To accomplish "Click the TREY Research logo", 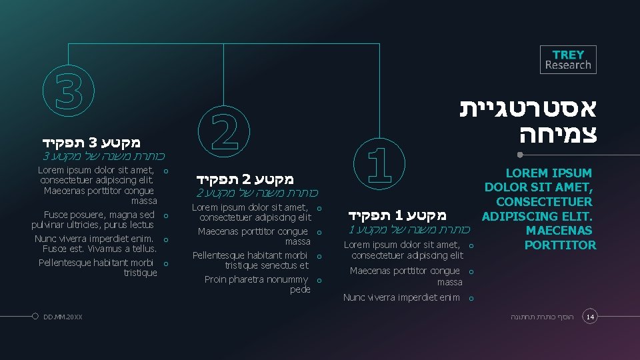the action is [x=568, y=59].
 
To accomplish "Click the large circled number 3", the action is [x=66, y=93].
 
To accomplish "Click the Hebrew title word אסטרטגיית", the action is [x=527, y=109].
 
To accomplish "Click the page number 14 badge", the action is [x=589, y=317].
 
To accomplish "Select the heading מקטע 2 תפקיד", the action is [x=245, y=179].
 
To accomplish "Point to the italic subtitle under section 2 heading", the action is [x=255, y=193].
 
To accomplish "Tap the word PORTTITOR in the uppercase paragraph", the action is [x=560, y=245].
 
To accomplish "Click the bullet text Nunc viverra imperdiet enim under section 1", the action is [x=401, y=297].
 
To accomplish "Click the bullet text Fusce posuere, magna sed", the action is [x=99, y=215].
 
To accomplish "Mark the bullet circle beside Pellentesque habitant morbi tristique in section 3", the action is [x=165, y=263].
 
